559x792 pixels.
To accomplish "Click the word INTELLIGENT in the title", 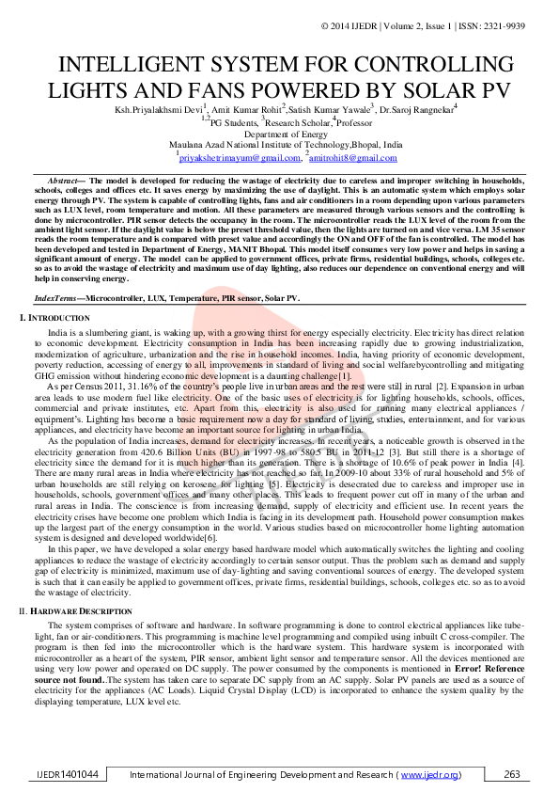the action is tap(146, 66).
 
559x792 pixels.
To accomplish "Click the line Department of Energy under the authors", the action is tap(278, 135).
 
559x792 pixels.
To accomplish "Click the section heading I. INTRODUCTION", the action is tap(55, 320).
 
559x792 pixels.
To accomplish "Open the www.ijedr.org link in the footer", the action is tap(430, 774).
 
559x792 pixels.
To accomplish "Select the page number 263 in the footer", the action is tap(512, 774).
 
